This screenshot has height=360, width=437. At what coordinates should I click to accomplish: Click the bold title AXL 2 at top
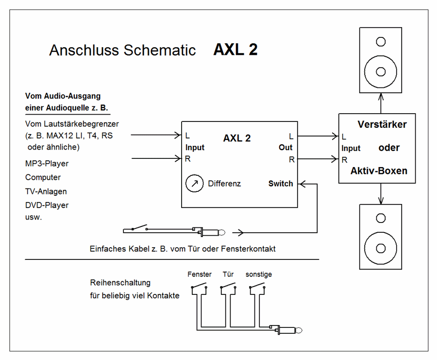tap(235, 50)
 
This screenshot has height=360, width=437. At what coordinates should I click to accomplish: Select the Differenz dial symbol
tap(194, 184)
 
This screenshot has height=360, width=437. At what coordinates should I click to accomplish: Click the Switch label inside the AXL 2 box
tap(281, 184)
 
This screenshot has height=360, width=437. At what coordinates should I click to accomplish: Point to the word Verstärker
tap(382, 124)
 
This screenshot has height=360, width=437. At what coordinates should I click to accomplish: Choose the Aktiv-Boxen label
tap(379, 171)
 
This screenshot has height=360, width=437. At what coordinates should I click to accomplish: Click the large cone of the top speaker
tap(381, 71)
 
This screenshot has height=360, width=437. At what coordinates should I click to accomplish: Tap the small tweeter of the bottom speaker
tap(381, 217)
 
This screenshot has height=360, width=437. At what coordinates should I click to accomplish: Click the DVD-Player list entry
tap(47, 205)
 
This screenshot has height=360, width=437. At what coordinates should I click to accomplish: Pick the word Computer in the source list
tap(43, 177)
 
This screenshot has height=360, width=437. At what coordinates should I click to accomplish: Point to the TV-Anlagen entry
tap(46, 191)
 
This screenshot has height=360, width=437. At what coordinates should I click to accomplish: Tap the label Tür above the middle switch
tap(228, 274)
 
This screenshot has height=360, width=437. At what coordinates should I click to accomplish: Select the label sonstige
tap(259, 274)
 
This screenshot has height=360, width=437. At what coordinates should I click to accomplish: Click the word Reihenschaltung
tap(120, 283)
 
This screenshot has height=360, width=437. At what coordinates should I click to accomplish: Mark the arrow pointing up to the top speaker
tap(381, 103)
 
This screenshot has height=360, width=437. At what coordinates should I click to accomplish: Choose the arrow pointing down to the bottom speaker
tap(381, 193)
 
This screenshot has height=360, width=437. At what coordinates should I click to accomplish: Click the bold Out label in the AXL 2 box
tap(286, 147)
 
